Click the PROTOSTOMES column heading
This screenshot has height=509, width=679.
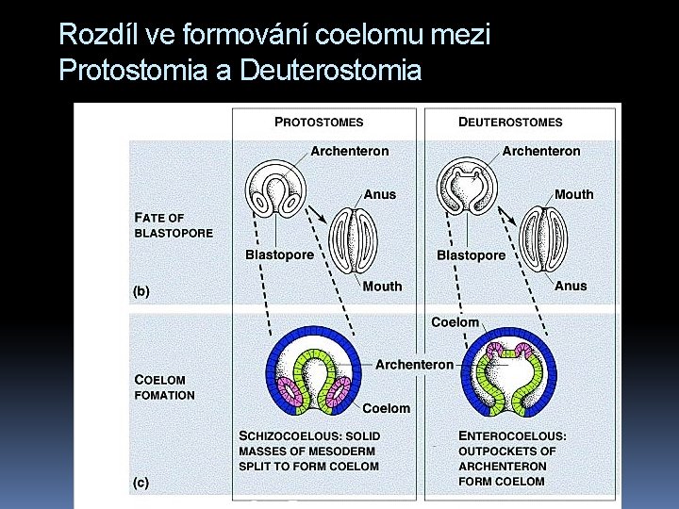pyautogui.click(x=319, y=122)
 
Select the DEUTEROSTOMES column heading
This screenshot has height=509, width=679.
pyautogui.click(x=510, y=122)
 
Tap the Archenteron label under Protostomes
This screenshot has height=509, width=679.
pyautogui.click(x=349, y=151)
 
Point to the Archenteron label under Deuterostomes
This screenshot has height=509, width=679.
pyautogui.click(x=541, y=151)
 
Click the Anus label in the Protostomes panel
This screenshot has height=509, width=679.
pyautogui.click(x=380, y=194)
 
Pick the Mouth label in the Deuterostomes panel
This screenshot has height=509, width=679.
pyautogui.click(x=574, y=194)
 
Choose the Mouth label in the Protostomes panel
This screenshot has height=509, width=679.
pyautogui.click(x=382, y=287)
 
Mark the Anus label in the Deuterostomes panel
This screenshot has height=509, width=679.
pyautogui.click(x=571, y=286)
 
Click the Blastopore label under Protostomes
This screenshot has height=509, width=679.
pyautogui.click(x=279, y=255)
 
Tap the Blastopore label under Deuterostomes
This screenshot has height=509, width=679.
pyautogui.click(x=471, y=255)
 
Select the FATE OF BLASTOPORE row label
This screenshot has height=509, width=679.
pyautogui.click(x=174, y=225)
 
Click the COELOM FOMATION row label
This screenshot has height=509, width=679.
pyautogui.click(x=165, y=387)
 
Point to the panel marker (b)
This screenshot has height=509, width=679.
pyautogui.click(x=140, y=292)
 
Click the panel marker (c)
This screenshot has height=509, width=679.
pyautogui.click(x=140, y=483)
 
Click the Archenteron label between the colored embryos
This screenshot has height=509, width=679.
pyautogui.click(x=414, y=365)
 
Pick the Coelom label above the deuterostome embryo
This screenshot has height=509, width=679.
pyautogui.click(x=455, y=322)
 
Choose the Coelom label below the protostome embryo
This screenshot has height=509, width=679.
pyautogui.click(x=387, y=408)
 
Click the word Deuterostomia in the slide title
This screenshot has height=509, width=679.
pyautogui.click(x=331, y=70)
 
